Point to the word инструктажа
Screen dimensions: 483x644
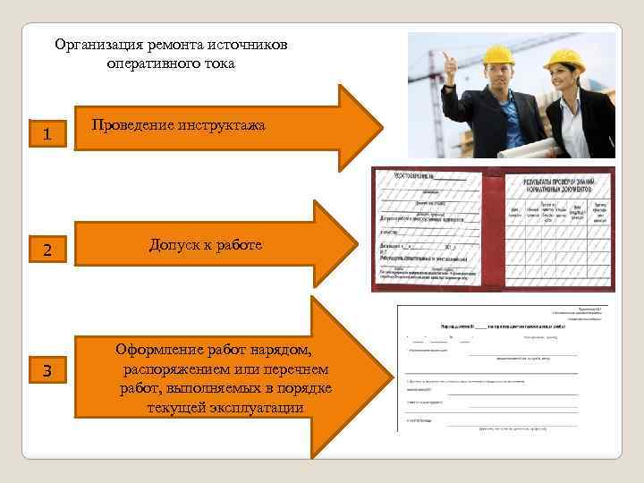(223, 126)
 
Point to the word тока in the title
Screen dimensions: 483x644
(218, 64)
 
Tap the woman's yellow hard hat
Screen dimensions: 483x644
(563, 60)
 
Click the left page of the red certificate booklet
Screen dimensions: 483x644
(428, 227)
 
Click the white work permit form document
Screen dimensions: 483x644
(506, 370)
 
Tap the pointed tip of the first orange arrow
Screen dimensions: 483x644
(380, 128)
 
